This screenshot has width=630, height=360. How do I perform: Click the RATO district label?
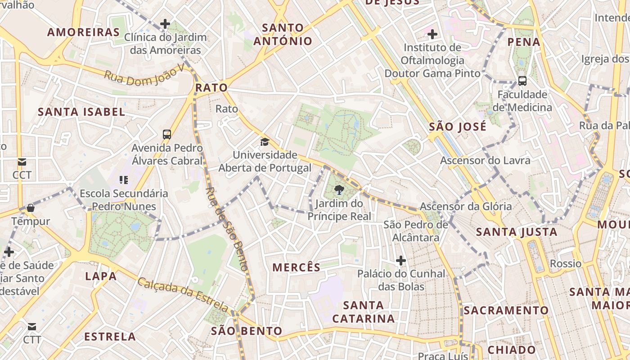tap(211, 87)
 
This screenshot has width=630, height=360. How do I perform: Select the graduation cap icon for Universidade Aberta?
tap(265, 142)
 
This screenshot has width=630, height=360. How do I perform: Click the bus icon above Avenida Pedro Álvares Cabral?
tap(167, 134)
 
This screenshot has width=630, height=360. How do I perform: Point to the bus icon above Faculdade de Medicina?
tap(522, 81)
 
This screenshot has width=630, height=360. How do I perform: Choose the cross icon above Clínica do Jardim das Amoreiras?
tap(165, 24)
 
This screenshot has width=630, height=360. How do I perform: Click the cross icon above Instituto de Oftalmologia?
tap(432, 34)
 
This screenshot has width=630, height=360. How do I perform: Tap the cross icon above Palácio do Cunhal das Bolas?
tap(400, 261)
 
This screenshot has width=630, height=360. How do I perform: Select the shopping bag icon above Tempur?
tap(31, 208)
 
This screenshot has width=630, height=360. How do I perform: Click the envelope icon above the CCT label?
tap(22, 162)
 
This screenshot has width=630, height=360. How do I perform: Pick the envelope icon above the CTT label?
tap(32, 326)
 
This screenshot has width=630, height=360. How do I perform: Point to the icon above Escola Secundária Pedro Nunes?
tap(124, 180)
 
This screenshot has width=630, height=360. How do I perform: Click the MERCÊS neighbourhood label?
tap(297, 267)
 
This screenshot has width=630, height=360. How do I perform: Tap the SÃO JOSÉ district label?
tap(458, 126)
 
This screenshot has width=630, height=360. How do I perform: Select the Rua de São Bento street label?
tap(227, 229)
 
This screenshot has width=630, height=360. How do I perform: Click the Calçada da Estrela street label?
tap(183, 295)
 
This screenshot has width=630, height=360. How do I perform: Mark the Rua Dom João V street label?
tap(144, 75)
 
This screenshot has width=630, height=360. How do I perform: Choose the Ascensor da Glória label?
tap(466, 207)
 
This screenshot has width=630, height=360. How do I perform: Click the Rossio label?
tap(566, 263)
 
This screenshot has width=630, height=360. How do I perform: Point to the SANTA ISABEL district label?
tap(81, 112)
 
